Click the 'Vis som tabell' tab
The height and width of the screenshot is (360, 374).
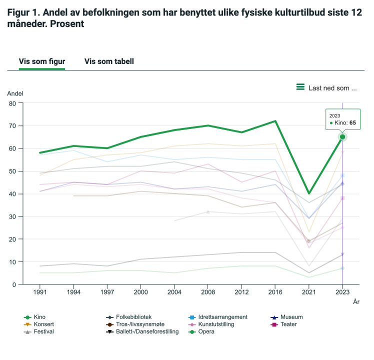tap(109, 61)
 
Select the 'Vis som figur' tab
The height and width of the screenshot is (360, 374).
tap(42, 61)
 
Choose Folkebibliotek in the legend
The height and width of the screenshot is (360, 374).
tap(133, 317)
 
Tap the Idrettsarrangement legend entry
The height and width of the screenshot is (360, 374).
tap(222, 317)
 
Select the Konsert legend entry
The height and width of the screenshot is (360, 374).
tap(43, 324)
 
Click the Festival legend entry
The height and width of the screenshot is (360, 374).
tap(43, 331)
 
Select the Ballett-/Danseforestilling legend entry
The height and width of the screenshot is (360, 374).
tap(147, 331)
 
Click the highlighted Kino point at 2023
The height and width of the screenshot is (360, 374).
tap(342, 137)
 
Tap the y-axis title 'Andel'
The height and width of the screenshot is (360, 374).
tap(15, 93)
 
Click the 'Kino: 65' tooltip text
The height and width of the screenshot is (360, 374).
tap(345, 123)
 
